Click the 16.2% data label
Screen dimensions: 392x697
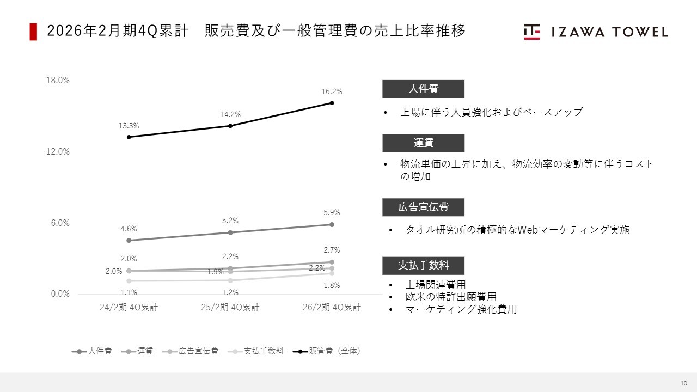click(332, 91)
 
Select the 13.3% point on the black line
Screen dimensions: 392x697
click(129, 137)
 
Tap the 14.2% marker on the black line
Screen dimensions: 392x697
click(230, 126)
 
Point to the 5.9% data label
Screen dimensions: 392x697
click(332, 212)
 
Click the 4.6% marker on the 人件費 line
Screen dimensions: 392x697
click(129, 240)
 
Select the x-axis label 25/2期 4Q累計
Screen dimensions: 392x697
click(230, 307)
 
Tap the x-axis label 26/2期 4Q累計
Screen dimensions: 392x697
click(332, 307)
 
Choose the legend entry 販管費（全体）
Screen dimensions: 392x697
click(327, 351)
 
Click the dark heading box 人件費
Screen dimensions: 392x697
click(423, 89)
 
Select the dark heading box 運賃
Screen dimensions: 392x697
click(423, 143)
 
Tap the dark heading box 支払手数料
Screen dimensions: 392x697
click(423, 265)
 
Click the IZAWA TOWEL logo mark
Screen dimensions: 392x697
click(532, 32)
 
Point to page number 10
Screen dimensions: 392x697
click(683, 382)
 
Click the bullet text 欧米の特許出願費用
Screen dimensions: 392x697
click(451, 297)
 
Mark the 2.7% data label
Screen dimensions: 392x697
click(332, 250)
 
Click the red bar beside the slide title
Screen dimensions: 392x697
click(33, 32)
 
